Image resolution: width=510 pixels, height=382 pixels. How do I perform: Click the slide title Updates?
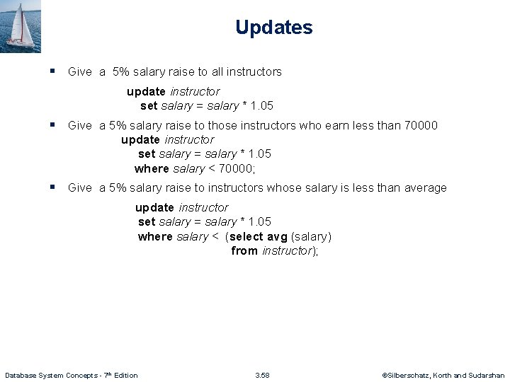(x=273, y=28)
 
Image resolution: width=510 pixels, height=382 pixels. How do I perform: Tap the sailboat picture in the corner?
(x=21, y=26)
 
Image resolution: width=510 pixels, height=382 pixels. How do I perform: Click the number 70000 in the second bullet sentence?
(x=420, y=125)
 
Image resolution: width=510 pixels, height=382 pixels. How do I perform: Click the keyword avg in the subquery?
(x=277, y=236)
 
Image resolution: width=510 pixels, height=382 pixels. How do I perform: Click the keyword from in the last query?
(x=244, y=250)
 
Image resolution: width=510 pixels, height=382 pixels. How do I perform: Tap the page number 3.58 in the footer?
(x=262, y=375)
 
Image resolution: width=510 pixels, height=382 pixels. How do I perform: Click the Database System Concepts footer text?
(x=72, y=375)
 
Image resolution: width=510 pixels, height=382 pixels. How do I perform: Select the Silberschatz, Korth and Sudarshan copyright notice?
(x=443, y=375)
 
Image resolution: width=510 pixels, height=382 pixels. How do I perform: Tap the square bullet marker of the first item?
(x=52, y=71)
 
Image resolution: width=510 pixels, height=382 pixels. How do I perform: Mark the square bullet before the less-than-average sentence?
(x=52, y=187)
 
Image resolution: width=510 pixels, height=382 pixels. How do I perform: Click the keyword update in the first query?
(x=146, y=91)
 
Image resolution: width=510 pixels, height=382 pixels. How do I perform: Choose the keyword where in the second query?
(x=152, y=168)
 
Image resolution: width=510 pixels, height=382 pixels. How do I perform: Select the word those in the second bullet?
(x=222, y=125)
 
